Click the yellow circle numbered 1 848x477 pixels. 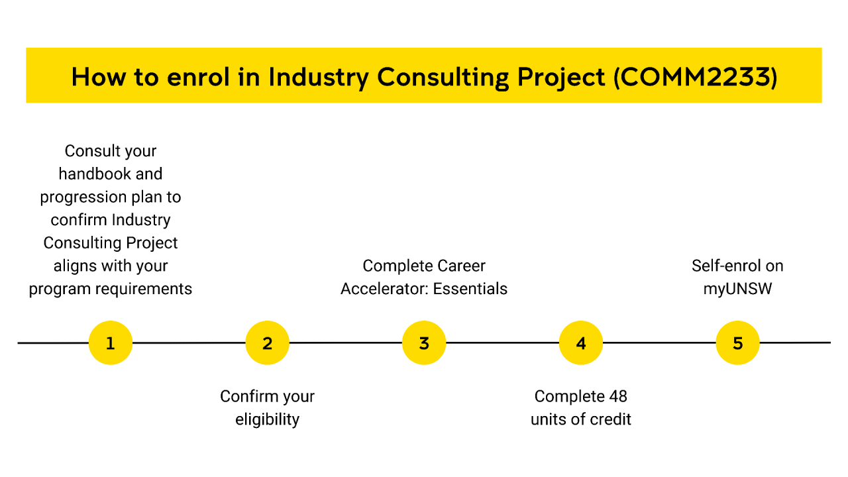click(111, 343)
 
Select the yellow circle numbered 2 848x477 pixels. click(267, 343)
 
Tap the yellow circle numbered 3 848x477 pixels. click(424, 343)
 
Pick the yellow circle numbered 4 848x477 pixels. click(581, 343)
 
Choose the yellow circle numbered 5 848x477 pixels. click(737, 343)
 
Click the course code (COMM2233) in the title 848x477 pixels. click(695, 77)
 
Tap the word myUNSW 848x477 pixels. click(737, 289)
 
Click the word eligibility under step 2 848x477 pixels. click(267, 419)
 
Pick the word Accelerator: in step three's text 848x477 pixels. click(380, 289)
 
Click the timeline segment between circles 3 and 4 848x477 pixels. click(502, 343)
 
